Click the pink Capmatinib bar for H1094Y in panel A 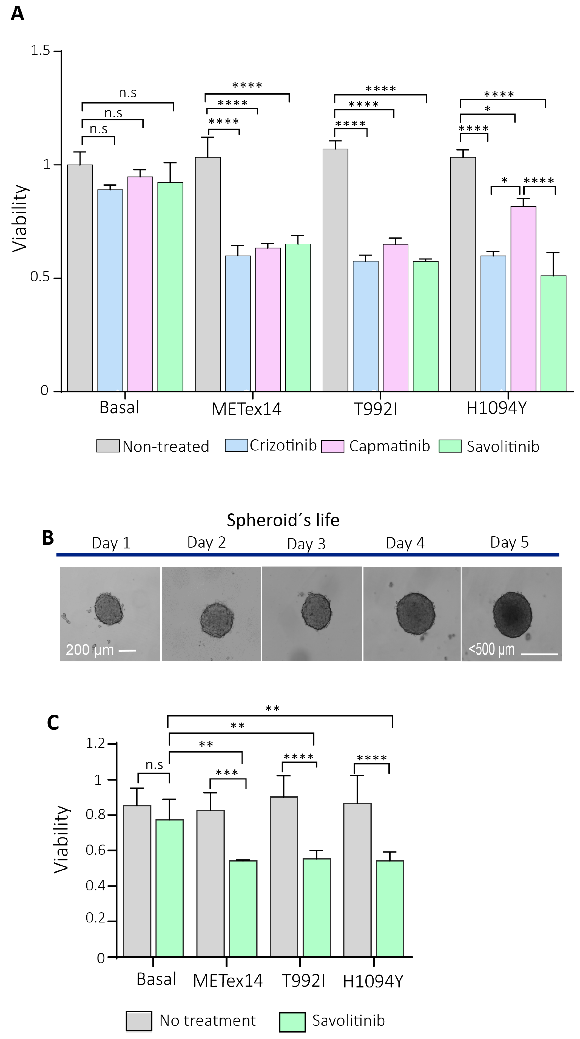tap(523, 298)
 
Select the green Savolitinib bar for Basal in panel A tap(170, 286)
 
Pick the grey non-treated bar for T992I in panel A tap(335, 270)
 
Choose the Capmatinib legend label tap(389, 446)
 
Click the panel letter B tap(48, 538)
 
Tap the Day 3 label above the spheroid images tap(306, 544)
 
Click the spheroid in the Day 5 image tap(512, 615)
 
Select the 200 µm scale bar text tap(89, 650)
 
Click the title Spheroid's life tap(283, 520)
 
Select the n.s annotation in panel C tap(154, 765)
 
